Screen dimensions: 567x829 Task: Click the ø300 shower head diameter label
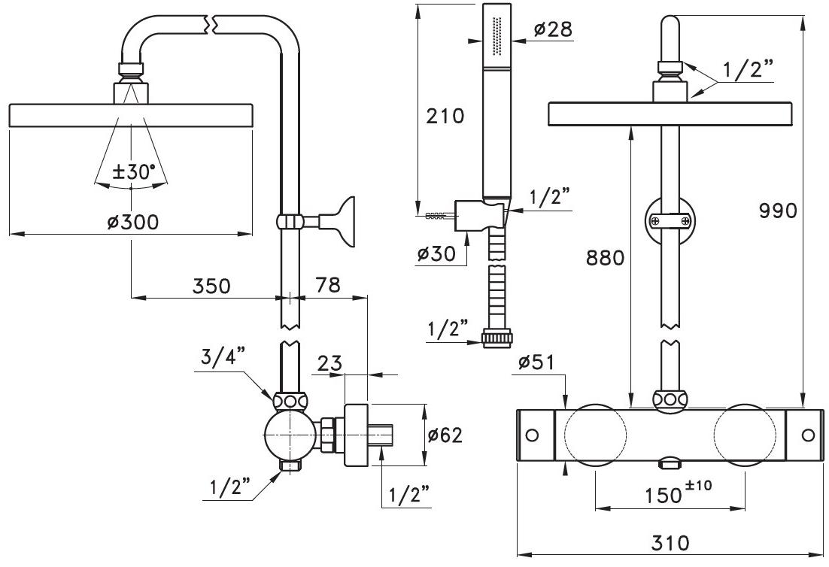132,223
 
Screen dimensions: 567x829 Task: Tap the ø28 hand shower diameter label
553,29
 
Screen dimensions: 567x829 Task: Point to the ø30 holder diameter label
437,253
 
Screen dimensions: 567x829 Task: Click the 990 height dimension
777,211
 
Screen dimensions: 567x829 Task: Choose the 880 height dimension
606,258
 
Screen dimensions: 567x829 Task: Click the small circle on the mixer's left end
533,435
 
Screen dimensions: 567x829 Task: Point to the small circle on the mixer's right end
808,435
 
